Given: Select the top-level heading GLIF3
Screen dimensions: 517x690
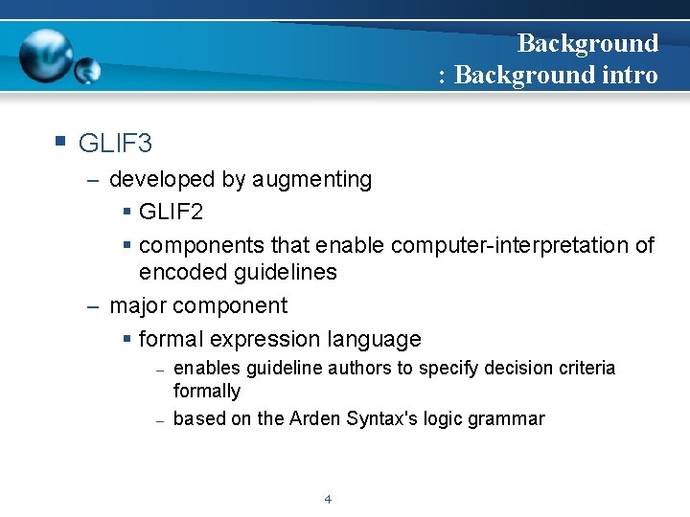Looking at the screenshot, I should coord(115,145).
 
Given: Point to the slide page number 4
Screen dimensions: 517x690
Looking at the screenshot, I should coord(328,499).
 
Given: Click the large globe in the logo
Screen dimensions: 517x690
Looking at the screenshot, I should coord(45,56).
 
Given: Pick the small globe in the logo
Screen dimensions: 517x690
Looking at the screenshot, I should coord(87,70).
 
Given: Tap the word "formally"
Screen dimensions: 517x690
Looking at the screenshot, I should coord(206,391).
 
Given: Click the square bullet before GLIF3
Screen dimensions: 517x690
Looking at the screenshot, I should coord(60,142).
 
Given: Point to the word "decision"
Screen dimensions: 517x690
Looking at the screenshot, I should coord(514,369).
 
